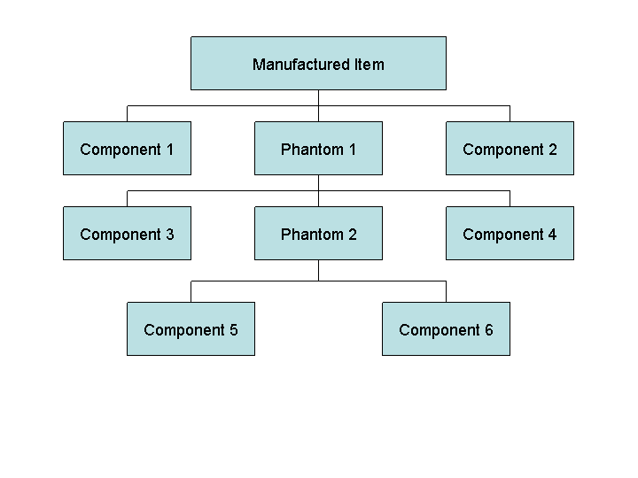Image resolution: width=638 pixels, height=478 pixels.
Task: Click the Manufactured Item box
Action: pyautogui.click(x=318, y=63)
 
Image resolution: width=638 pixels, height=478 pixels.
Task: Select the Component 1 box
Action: pyautogui.click(x=127, y=148)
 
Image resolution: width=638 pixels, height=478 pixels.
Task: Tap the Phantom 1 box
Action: pyautogui.click(x=318, y=148)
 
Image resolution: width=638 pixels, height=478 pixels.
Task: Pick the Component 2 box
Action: pyautogui.click(x=510, y=148)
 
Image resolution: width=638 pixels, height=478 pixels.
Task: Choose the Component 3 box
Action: pyautogui.click(x=127, y=233)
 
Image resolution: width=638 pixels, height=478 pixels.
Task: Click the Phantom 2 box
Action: pyautogui.click(x=318, y=233)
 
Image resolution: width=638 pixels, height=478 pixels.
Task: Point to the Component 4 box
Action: pyautogui.click(x=510, y=233)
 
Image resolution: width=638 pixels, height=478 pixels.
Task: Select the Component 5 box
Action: pyautogui.click(x=191, y=328)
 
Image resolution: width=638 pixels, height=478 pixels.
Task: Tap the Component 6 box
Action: pyautogui.click(x=446, y=328)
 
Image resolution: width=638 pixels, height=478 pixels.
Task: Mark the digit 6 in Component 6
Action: pyautogui.click(x=488, y=330)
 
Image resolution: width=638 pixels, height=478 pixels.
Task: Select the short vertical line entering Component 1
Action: pyautogui.click(x=127, y=113)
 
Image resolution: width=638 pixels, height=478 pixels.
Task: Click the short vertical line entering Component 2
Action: pyautogui.click(x=510, y=113)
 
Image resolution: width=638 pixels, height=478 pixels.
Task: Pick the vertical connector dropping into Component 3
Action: pyautogui.click(x=127, y=198)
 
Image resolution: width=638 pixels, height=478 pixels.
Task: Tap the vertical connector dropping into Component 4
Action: pyautogui.click(x=510, y=198)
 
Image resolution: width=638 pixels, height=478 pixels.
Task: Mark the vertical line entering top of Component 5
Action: pyautogui.click(x=191, y=291)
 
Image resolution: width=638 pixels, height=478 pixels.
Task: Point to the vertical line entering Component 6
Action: pyautogui.click(x=446, y=291)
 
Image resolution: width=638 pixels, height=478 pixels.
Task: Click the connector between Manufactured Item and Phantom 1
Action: pyautogui.click(x=318, y=105)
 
